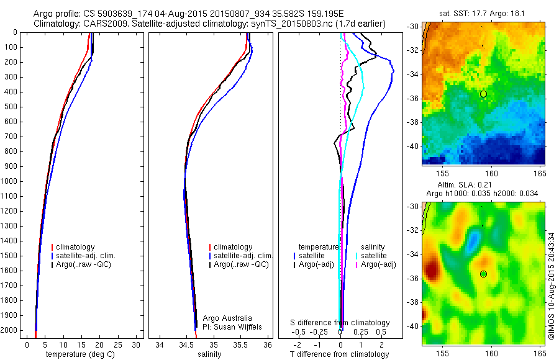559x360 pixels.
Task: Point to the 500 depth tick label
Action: (11, 107)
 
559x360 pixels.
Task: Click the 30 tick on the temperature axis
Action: (137, 345)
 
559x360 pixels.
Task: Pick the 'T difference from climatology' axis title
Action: (339, 354)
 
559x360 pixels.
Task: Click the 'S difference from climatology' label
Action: (340, 323)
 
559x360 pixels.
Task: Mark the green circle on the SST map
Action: (483, 94)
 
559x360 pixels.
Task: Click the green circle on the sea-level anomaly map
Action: (483, 274)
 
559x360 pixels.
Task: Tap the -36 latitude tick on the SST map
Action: (412, 99)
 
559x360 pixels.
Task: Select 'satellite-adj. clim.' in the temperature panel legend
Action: (91, 256)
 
